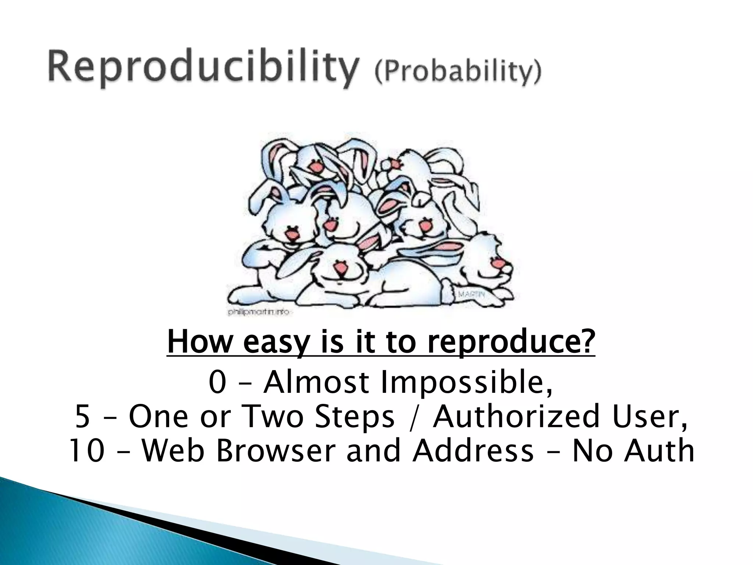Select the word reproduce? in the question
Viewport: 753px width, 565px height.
point(511,342)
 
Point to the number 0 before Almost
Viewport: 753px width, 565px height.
point(217,383)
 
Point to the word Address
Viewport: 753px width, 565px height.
point(473,451)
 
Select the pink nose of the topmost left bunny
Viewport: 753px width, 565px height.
point(315,168)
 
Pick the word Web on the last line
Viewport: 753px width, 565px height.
point(172,451)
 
